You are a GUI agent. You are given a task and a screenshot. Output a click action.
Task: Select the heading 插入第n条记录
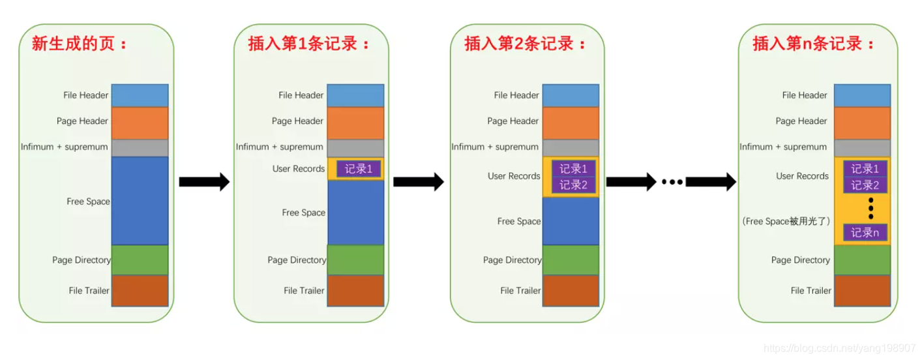click(812, 44)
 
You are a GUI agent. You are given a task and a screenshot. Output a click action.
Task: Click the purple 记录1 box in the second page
click(358, 169)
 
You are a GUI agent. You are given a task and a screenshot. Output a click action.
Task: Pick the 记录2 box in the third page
click(574, 185)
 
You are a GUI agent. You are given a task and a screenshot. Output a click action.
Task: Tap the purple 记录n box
click(865, 232)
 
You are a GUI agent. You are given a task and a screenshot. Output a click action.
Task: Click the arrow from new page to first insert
click(204, 181)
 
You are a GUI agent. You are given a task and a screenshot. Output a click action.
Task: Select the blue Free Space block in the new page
click(140, 201)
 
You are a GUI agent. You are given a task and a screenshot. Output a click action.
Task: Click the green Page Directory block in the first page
click(140, 260)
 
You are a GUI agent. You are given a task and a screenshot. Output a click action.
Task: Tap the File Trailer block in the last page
click(863, 291)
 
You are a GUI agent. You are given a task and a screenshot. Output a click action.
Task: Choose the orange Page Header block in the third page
click(571, 123)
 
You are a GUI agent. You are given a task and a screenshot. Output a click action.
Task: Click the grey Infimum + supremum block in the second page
click(355, 147)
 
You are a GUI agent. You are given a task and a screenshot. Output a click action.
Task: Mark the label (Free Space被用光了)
click(785, 221)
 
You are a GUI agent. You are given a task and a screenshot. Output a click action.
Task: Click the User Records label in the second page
click(298, 169)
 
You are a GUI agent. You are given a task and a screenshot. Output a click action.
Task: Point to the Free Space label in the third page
click(518, 221)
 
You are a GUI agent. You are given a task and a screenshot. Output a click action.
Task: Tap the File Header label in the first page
click(85, 95)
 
